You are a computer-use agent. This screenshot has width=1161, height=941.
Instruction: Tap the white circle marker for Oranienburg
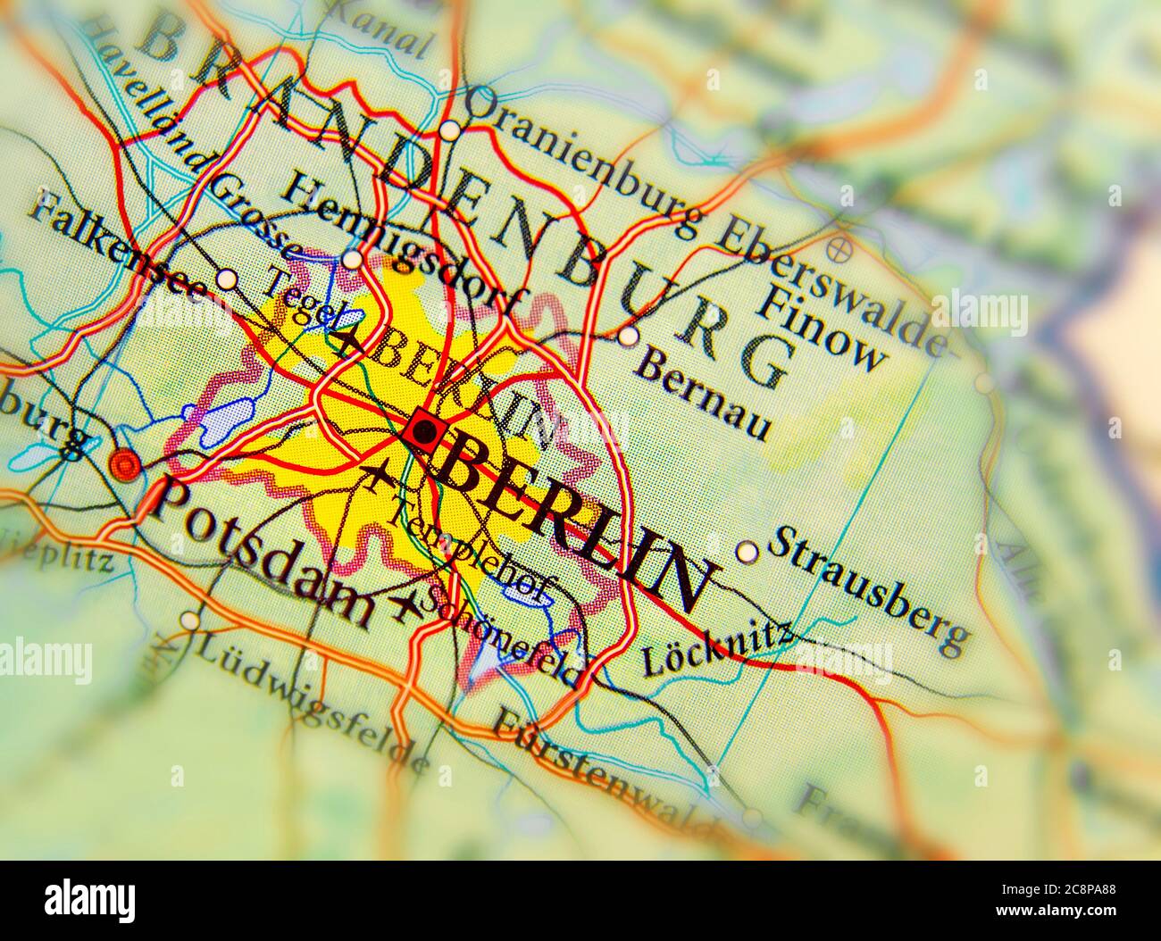click(x=450, y=131)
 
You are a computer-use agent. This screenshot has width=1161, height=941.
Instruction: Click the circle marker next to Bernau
click(x=629, y=337)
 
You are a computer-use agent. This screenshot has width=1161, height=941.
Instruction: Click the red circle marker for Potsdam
click(x=125, y=464)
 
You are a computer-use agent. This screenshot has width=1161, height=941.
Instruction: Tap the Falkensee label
click(x=116, y=251)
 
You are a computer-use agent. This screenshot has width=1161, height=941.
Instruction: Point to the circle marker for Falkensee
click(x=228, y=279)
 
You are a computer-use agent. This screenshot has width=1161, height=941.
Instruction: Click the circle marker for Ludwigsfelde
click(x=189, y=620)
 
